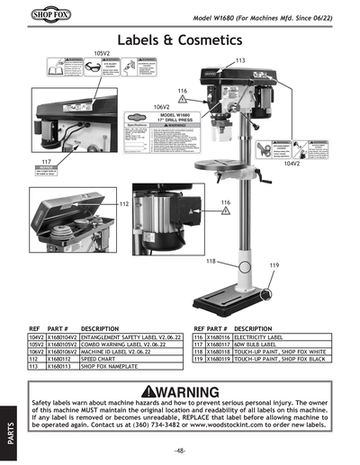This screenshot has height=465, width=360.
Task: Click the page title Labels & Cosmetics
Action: (x=179, y=40)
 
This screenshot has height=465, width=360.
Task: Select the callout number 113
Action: (x=239, y=60)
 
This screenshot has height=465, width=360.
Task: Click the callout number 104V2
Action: (x=317, y=165)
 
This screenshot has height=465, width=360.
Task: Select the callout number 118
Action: (x=211, y=260)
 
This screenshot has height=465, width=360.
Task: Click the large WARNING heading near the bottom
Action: (x=180, y=392)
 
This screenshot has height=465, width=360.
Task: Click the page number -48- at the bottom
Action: (x=180, y=450)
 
